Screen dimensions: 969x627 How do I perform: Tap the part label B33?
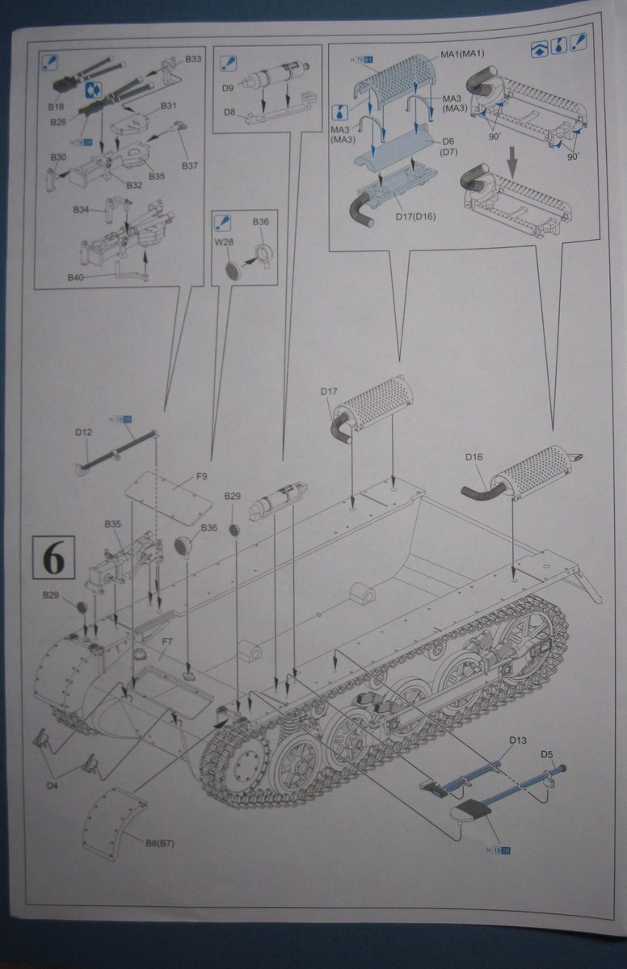[194, 59]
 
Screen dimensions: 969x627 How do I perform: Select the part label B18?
[56, 106]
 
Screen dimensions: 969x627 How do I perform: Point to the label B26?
[57, 123]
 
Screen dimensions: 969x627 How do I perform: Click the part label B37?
[190, 166]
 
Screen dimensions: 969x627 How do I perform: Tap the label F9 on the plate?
[201, 477]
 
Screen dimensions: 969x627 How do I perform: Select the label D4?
[52, 783]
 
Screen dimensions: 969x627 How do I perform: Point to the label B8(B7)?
[160, 843]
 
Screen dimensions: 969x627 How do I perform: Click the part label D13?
[518, 740]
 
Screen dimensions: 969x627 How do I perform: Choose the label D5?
[547, 754]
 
